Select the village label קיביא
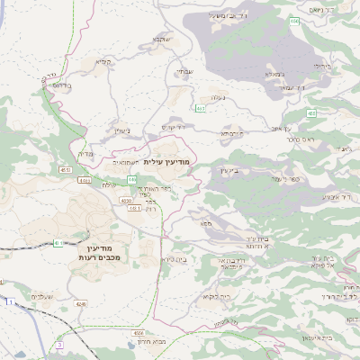(x=103, y=63)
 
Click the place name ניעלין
(x=123, y=130)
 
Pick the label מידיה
(x=85, y=154)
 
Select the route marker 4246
(x=82, y=304)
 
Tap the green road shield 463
(x=200, y=110)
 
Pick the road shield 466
(x=293, y=20)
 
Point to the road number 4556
(x=139, y=332)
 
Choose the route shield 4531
(x=66, y=169)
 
